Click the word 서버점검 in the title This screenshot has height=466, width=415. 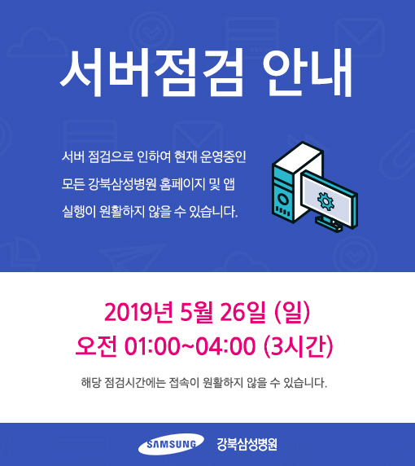151,73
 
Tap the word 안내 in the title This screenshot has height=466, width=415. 308,73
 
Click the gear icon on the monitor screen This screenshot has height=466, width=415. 325,201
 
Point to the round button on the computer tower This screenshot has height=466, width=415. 283,199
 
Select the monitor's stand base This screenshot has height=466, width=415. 329,223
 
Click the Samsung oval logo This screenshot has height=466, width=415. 171,444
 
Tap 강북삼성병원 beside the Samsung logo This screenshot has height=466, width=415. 247,444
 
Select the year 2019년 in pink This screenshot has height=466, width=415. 138,312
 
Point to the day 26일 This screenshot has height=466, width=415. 242,312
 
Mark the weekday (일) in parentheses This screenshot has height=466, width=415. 292,312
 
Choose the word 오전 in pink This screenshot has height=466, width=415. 96,346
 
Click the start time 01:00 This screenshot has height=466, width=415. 152,346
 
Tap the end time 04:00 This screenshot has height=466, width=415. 226,346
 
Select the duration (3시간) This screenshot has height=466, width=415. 299,346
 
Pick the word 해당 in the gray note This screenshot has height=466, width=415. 91,383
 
